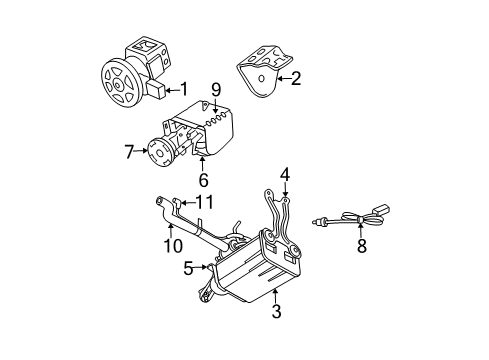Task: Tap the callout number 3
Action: coord(276,312)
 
